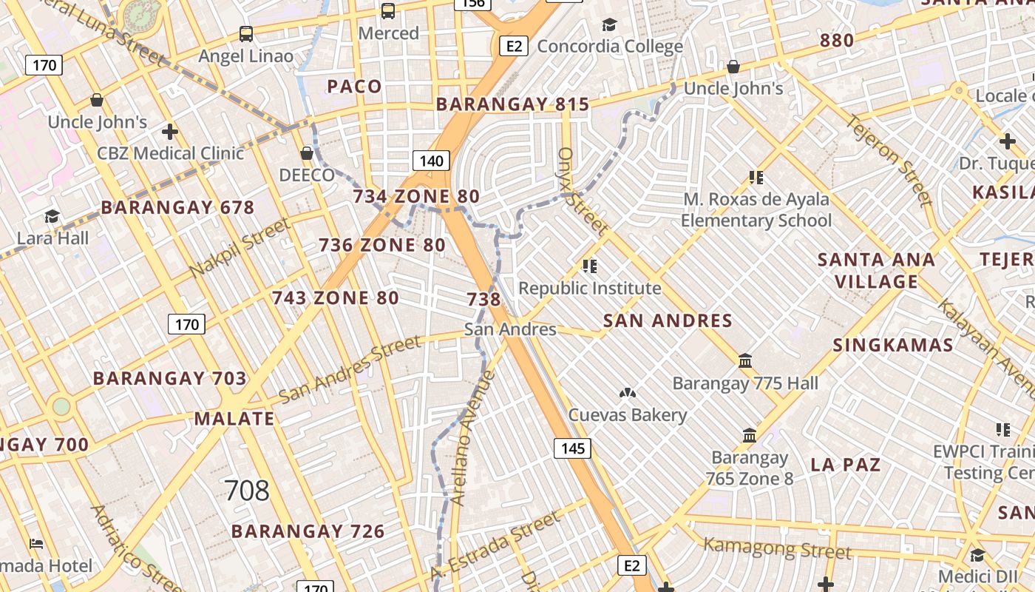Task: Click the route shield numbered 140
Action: click(431, 161)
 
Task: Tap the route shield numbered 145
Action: click(573, 448)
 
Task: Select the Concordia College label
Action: click(610, 46)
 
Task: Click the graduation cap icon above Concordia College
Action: click(609, 26)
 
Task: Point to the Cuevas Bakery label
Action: click(628, 415)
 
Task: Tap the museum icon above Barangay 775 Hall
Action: click(745, 362)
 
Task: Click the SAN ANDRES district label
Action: click(668, 320)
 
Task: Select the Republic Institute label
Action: click(590, 288)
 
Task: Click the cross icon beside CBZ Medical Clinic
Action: click(170, 132)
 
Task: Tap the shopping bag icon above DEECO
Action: click(307, 154)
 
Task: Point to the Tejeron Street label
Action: click(889, 159)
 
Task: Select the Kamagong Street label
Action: click(777, 548)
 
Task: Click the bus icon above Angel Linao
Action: click(246, 34)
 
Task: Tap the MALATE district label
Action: click(234, 419)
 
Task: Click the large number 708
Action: click(247, 491)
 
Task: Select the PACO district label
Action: click(355, 87)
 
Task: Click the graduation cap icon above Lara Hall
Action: click(52, 217)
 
